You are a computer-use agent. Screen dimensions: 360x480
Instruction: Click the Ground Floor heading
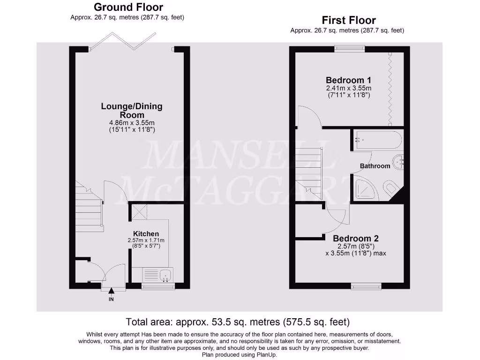[x=128, y=7]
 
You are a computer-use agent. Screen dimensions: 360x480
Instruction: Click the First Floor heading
[x=348, y=20]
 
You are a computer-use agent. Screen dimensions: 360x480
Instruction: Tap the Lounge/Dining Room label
[x=132, y=110]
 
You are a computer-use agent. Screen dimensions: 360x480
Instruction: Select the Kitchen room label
[x=146, y=233]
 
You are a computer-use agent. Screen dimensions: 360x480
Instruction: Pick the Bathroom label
[x=375, y=166]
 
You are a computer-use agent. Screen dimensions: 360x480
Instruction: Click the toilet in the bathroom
[x=390, y=189]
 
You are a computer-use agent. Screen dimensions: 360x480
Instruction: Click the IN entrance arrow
[x=111, y=292]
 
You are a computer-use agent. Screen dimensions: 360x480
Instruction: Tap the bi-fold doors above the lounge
[x=123, y=41]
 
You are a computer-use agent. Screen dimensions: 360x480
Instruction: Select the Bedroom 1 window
[x=349, y=46]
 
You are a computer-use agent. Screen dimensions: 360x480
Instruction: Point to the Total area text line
[x=238, y=322]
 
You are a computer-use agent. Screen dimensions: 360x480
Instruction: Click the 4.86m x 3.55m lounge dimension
[x=132, y=123]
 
